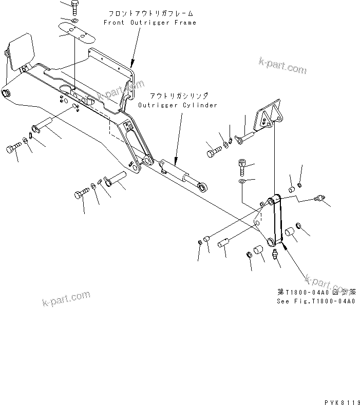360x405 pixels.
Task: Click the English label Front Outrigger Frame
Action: (x=149, y=23)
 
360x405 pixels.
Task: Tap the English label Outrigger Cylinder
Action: (x=177, y=105)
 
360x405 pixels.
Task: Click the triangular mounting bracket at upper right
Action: (x=270, y=118)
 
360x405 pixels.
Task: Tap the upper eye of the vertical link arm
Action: (x=274, y=199)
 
